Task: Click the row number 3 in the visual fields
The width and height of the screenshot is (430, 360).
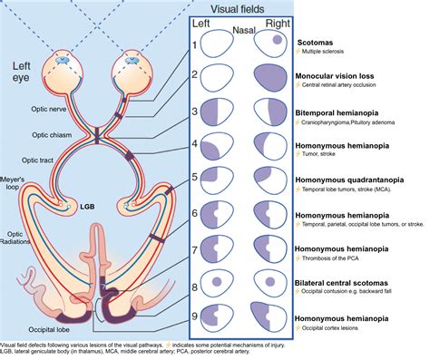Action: click(x=194, y=111)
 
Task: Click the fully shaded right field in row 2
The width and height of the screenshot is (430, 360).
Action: click(x=271, y=79)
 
